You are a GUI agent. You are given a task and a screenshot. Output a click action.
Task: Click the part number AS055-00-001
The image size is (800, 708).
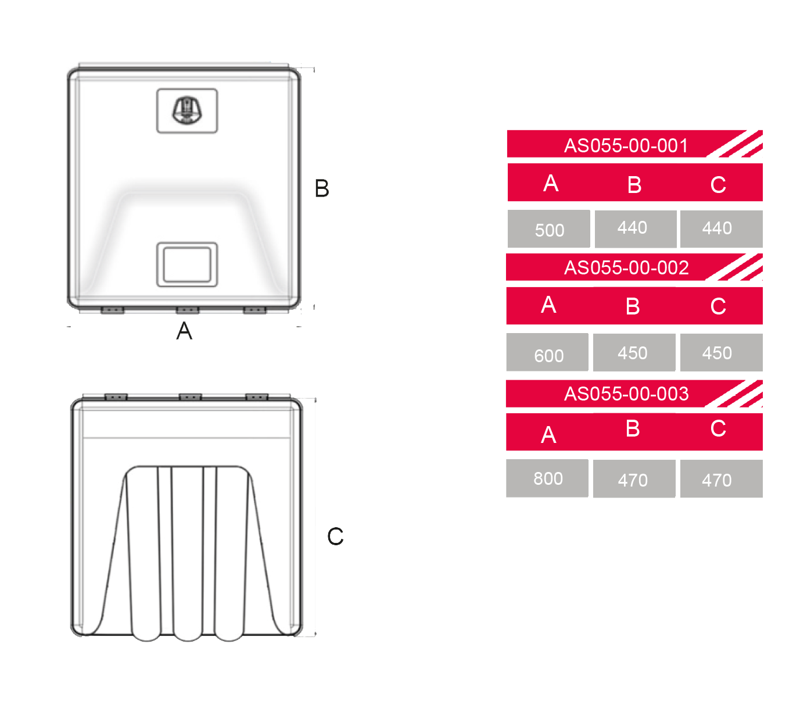pyautogui.click(x=626, y=145)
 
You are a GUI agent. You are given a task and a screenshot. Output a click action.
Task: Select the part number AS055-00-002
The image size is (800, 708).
pyautogui.click(x=626, y=267)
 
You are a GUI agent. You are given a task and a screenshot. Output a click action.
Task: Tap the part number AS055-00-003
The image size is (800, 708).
pyautogui.click(x=626, y=394)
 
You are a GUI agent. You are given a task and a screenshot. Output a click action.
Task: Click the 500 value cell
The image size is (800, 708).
pyautogui.click(x=549, y=229)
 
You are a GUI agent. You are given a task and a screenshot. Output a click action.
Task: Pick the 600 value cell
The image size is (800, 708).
pyautogui.click(x=547, y=352)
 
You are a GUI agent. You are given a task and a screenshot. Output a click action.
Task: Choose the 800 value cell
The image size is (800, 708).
pyautogui.click(x=547, y=478)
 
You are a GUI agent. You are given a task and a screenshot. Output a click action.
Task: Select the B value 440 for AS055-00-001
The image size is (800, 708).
pyautogui.click(x=636, y=229)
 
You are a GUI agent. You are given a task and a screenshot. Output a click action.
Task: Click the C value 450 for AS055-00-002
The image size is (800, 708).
pyautogui.click(x=722, y=352)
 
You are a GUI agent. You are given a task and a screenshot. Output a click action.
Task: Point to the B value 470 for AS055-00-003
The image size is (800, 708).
pyautogui.click(x=634, y=478)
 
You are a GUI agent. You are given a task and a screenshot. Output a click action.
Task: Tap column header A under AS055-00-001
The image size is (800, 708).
pyautogui.click(x=551, y=183)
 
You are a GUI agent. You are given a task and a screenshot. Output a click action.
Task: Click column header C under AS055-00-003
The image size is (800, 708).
pyautogui.click(x=718, y=428)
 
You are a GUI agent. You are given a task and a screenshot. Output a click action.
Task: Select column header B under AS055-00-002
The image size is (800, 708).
pyautogui.click(x=633, y=306)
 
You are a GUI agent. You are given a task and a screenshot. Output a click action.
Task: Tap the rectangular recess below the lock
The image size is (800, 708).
pyautogui.click(x=187, y=264)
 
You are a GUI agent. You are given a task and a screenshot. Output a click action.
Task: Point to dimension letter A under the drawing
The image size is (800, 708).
pyautogui.click(x=184, y=331)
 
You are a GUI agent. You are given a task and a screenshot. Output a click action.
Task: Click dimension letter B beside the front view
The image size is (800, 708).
pyautogui.click(x=322, y=188)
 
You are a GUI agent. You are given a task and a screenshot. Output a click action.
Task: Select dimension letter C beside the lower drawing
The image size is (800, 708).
pyautogui.click(x=335, y=536)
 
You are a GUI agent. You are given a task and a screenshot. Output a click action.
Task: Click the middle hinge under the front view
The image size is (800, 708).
pyautogui.click(x=188, y=310)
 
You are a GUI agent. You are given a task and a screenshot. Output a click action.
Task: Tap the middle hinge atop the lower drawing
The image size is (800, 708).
pyautogui.click(x=191, y=396)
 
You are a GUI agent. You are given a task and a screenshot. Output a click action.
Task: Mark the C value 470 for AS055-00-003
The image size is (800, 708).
pyautogui.click(x=722, y=478)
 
